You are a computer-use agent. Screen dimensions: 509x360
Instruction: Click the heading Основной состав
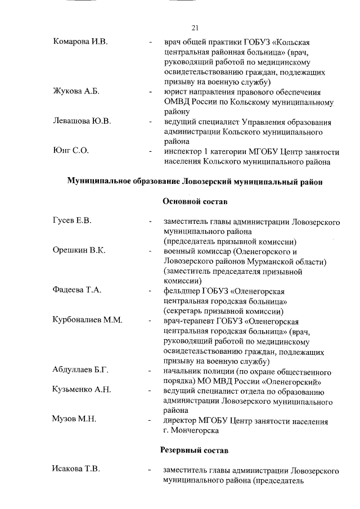click(x=195, y=201)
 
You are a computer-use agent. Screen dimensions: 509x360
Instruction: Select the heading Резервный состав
click(x=195, y=450)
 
